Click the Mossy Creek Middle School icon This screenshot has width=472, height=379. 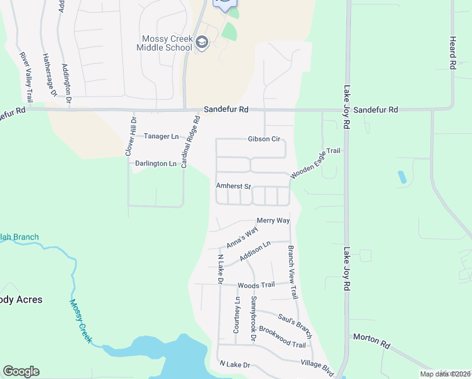tap(202, 43)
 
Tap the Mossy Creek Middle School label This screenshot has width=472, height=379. tap(167, 43)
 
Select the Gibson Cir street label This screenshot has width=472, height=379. tap(264, 139)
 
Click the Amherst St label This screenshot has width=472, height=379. tap(233, 187)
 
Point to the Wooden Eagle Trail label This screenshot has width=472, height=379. tap(316, 162)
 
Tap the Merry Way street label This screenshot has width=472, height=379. tap(273, 220)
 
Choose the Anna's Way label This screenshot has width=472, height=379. tap(242, 238)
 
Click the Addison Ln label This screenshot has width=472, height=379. tap(255, 253)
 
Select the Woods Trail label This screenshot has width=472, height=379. tap(256, 285)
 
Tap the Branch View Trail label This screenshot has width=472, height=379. tap(292, 272)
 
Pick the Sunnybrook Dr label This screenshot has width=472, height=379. tap(253, 319)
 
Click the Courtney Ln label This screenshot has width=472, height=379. tap(237, 315)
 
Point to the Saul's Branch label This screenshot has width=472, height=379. tap(295, 322)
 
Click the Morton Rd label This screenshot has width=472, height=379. tap(372, 342)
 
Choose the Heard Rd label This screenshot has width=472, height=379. tap(452, 52)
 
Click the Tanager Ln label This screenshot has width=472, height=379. tap(161, 136)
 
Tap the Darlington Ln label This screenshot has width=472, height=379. tap(155, 164)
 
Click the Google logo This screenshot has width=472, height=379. tap(21, 371)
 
